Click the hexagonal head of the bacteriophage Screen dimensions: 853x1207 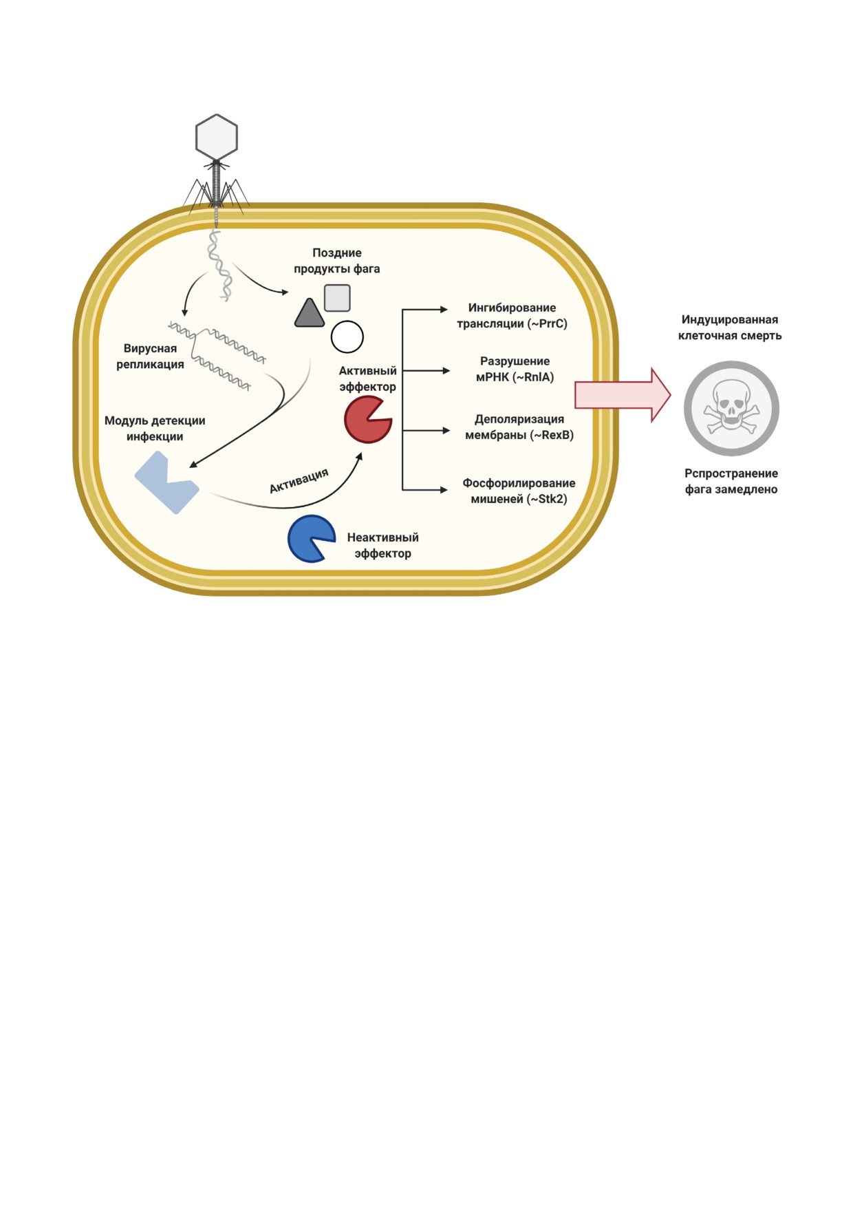click(217, 137)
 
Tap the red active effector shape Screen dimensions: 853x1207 click(367, 419)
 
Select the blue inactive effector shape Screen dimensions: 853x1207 click(310, 539)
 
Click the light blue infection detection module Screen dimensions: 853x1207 click(166, 482)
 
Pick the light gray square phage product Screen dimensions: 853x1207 click(337, 298)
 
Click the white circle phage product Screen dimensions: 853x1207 click(347, 337)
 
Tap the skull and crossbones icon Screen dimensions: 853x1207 click(731, 408)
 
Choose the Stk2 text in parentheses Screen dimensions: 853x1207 click(550, 499)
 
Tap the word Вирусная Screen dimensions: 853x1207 click(150, 348)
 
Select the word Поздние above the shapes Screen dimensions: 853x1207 click(337, 253)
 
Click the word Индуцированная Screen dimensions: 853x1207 click(730, 319)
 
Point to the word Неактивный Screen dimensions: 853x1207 click(382, 537)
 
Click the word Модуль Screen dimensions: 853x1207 click(126, 420)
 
